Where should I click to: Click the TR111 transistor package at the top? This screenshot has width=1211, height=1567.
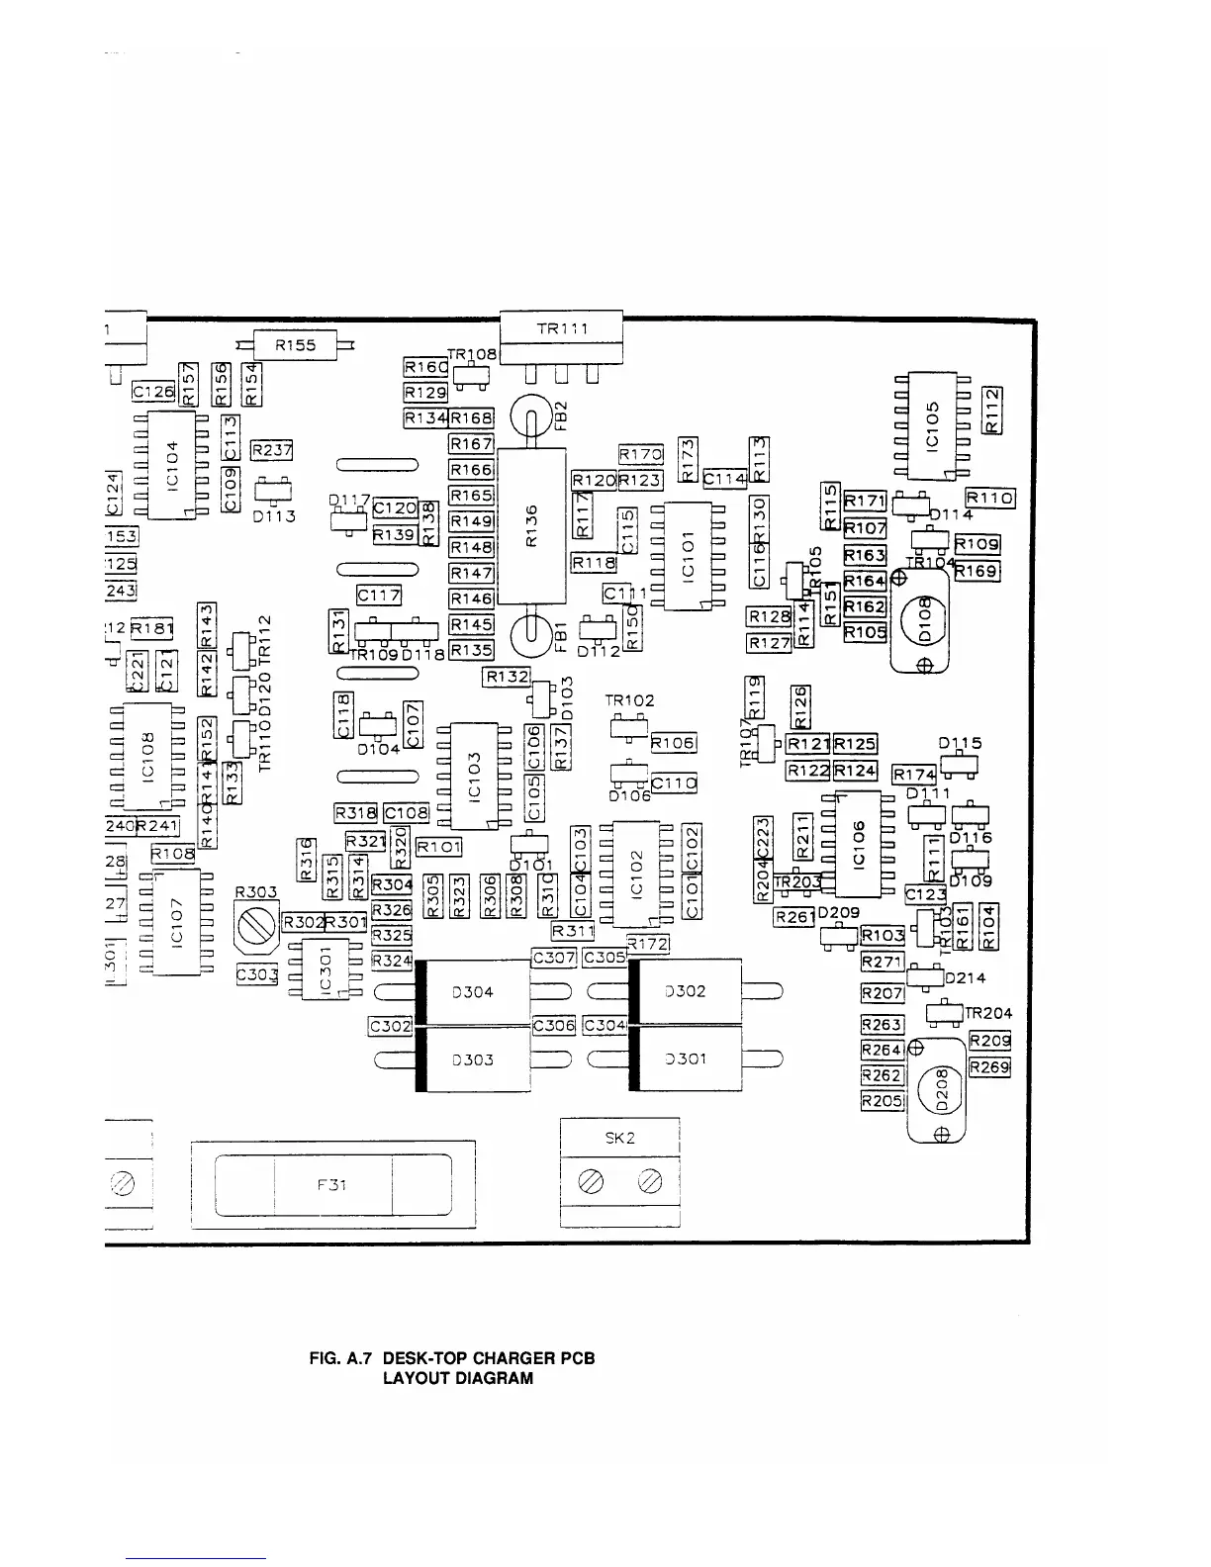coord(561,336)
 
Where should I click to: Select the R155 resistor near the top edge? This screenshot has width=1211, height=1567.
coord(296,345)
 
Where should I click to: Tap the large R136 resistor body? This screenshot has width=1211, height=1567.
coord(531,525)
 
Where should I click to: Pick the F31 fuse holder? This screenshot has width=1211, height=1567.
coord(332,1184)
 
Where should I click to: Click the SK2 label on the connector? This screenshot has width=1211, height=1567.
coord(619,1139)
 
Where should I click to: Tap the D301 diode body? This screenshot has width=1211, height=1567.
coord(685,1060)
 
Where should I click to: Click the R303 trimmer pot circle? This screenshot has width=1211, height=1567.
coord(257,926)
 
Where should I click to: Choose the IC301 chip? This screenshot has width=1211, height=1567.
coord(326,968)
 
